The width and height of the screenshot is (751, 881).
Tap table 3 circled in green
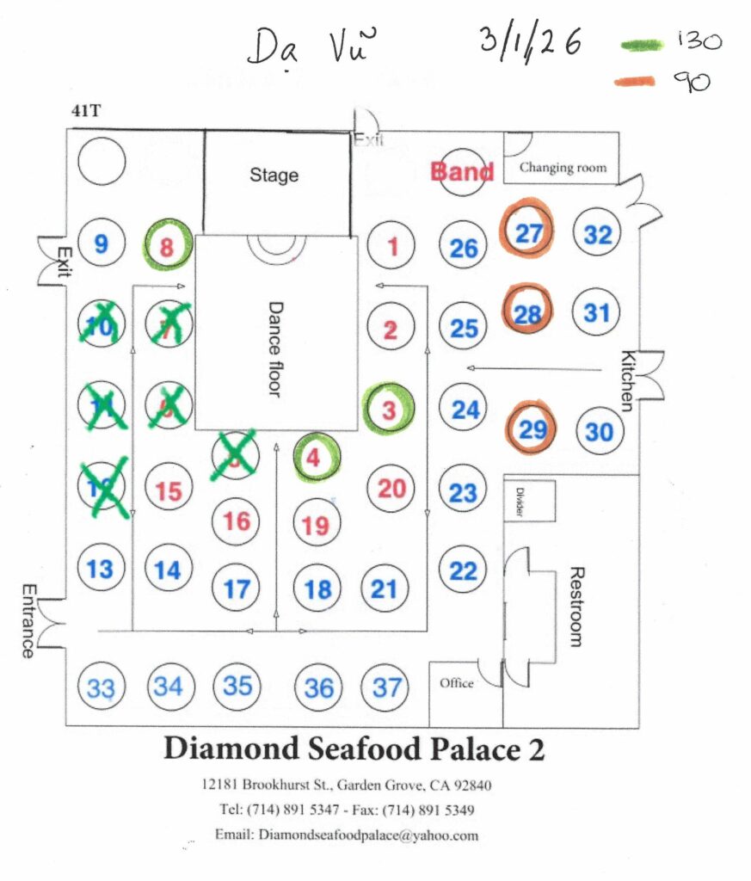pos(389,410)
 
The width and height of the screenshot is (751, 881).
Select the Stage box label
pos(274,175)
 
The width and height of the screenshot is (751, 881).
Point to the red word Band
pos(462,171)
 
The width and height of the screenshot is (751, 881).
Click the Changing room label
pos(563,168)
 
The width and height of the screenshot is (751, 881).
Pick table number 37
pos(387,687)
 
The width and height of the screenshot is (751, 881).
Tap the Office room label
pos(456,684)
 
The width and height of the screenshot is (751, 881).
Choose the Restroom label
pos(576,607)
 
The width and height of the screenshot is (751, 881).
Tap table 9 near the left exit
pos(102,244)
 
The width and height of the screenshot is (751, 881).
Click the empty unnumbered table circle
pos(101,161)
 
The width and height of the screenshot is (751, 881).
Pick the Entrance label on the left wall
pos(28,621)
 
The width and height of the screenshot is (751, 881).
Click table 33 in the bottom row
pos(101,688)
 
